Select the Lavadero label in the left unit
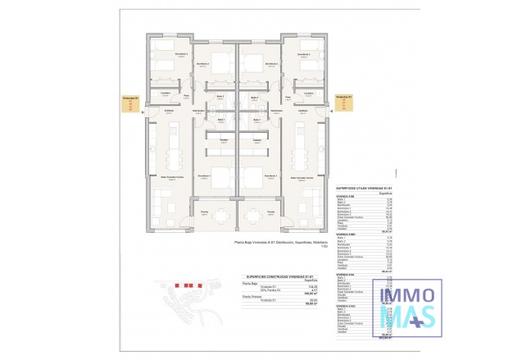[164, 93]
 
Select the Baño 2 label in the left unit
[220, 97]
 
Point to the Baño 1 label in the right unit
[256, 120]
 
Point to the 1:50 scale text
[324, 246]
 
